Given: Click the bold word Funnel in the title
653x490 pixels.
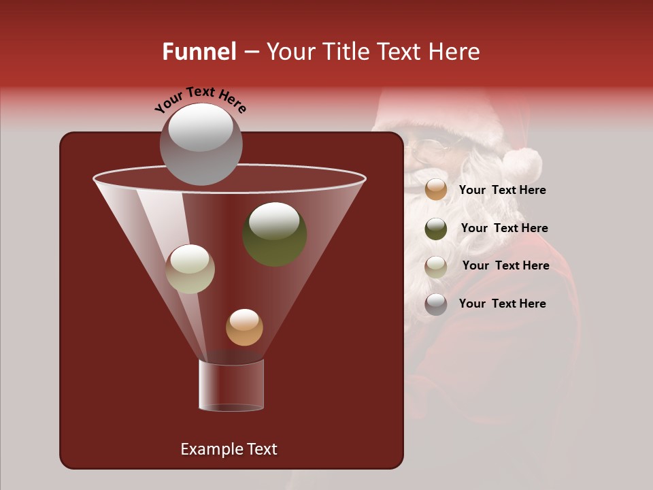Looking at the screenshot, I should [199, 52].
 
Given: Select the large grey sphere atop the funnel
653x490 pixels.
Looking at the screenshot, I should [201, 144].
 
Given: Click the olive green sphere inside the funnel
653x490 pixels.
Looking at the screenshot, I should [275, 234].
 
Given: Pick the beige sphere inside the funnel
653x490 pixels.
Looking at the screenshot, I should [190, 269].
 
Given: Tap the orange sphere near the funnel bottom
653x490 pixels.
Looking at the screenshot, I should [244, 327].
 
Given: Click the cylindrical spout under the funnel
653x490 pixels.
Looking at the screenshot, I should [231, 385].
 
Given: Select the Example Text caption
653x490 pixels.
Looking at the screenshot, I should [229, 449].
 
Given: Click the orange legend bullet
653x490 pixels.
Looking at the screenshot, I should [436, 190].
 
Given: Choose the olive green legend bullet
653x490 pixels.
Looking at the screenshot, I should [436, 229].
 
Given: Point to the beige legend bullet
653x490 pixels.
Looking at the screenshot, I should [436, 266].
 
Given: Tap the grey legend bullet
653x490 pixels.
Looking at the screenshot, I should [436, 304].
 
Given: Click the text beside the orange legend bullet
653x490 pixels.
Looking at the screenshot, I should [502, 191].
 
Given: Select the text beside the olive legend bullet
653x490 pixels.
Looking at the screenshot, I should [504, 229].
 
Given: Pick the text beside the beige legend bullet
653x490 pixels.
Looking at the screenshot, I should [505, 266].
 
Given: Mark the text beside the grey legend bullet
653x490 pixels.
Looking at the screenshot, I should [502, 304].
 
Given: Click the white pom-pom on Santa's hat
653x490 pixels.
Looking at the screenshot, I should [522, 163].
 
